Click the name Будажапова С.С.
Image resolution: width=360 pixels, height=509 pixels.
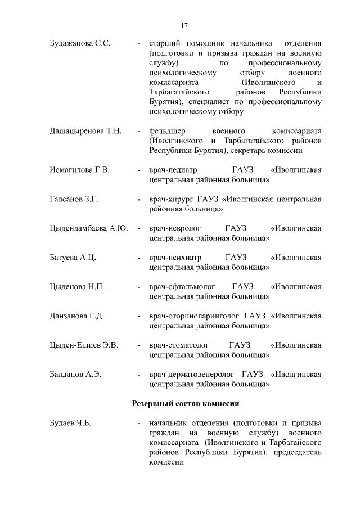pyautogui.click(x=79, y=43)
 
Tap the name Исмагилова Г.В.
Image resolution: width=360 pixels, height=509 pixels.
pyautogui.click(x=79, y=170)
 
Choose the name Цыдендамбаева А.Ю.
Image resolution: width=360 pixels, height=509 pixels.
pyautogui.click(x=89, y=228)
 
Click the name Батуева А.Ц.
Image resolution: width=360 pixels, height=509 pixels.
pyautogui.click(x=73, y=258)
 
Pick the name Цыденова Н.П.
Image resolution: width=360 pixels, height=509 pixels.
pyautogui.click(x=77, y=287)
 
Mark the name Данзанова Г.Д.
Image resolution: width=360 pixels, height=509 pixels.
pyautogui.click(x=77, y=316)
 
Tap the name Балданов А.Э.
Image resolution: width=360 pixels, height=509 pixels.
pyautogui.click(x=75, y=375)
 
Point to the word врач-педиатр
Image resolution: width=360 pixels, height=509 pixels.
pyautogui.click(x=172, y=170)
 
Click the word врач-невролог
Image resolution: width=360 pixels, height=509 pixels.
pyautogui.click(x=174, y=228)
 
